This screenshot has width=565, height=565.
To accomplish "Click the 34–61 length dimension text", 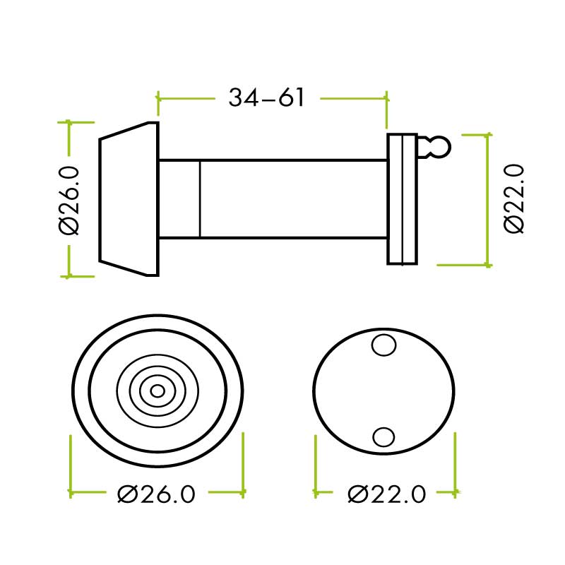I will tap(266, 97).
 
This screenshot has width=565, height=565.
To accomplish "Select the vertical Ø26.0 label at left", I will tap(70, 200).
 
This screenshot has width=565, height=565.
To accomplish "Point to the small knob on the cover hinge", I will tap(439, 147).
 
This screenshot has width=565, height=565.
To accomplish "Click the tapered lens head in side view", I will tap(128, 198).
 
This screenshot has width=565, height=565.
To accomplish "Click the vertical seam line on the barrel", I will tap(200, 198).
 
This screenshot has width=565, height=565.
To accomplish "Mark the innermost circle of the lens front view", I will tap(157, 391).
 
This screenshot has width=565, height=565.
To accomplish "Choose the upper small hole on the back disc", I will tap(383, 345).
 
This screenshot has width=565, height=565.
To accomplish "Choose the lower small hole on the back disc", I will tap(383, 437).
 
